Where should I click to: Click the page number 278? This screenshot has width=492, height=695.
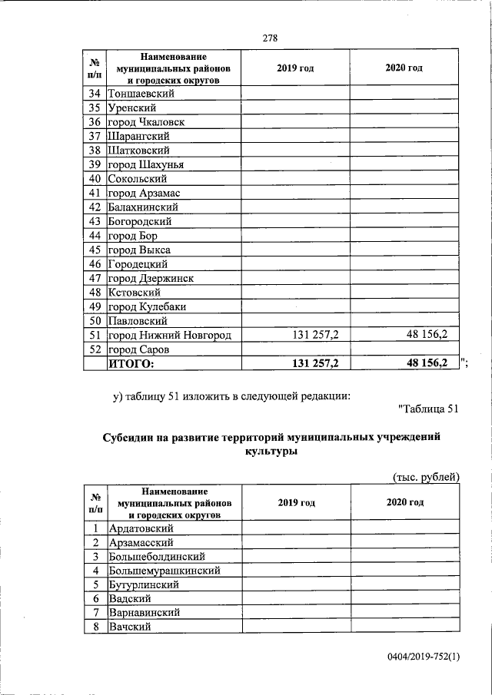269,38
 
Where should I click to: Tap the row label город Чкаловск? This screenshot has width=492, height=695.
146,122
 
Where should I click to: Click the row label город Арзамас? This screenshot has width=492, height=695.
144,193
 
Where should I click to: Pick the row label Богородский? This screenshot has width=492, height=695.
140,221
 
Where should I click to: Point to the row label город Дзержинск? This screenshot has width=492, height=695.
151,278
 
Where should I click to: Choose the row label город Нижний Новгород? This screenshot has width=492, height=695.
169,335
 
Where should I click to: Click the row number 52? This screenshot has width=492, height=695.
95,349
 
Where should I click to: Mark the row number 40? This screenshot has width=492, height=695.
95,179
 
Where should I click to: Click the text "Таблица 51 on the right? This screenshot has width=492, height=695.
429,408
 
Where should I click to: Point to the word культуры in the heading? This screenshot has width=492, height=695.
271,453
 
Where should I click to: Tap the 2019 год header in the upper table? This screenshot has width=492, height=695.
295,68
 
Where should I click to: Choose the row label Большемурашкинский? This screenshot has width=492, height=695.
165,571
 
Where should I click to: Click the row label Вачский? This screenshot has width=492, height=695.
131,627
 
